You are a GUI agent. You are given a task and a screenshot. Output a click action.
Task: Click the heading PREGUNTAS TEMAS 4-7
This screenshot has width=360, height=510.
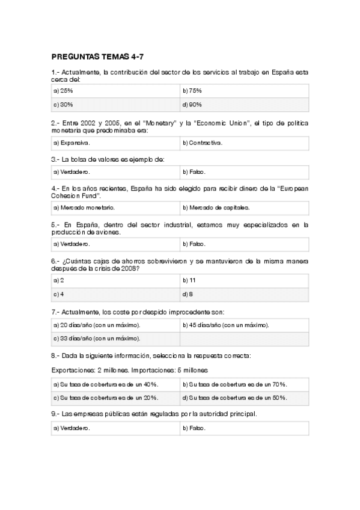pos(99,58)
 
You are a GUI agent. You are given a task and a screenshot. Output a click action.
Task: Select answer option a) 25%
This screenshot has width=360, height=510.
pos(64,90)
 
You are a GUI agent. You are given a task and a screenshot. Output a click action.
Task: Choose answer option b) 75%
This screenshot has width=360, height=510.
pos(192,90)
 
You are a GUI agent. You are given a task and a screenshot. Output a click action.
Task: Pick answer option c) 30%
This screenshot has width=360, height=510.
pos(64,105)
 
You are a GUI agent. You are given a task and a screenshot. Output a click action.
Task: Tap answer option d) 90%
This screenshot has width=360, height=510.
pos(192,105)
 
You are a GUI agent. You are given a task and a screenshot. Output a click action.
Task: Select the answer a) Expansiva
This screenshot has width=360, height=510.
pos(72,143)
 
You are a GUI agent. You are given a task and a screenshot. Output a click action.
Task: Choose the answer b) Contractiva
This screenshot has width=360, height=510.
pos(202,143)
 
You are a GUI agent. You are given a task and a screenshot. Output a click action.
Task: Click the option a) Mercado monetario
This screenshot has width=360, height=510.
pos(84,208)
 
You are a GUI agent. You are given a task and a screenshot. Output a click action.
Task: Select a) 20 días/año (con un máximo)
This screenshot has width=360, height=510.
pos(97,325)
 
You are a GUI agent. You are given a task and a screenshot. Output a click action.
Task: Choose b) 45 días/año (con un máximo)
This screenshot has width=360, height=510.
pos(225,325)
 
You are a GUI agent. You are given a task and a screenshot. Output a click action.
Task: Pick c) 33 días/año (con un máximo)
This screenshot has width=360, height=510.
pos(97,339)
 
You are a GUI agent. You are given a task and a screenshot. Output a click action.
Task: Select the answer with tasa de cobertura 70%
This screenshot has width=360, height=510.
pos(234,384)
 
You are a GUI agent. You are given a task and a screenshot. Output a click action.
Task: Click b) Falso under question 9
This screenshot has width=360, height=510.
pos(194,428)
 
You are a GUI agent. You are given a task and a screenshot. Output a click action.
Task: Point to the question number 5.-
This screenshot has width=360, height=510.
pos(56,225)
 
